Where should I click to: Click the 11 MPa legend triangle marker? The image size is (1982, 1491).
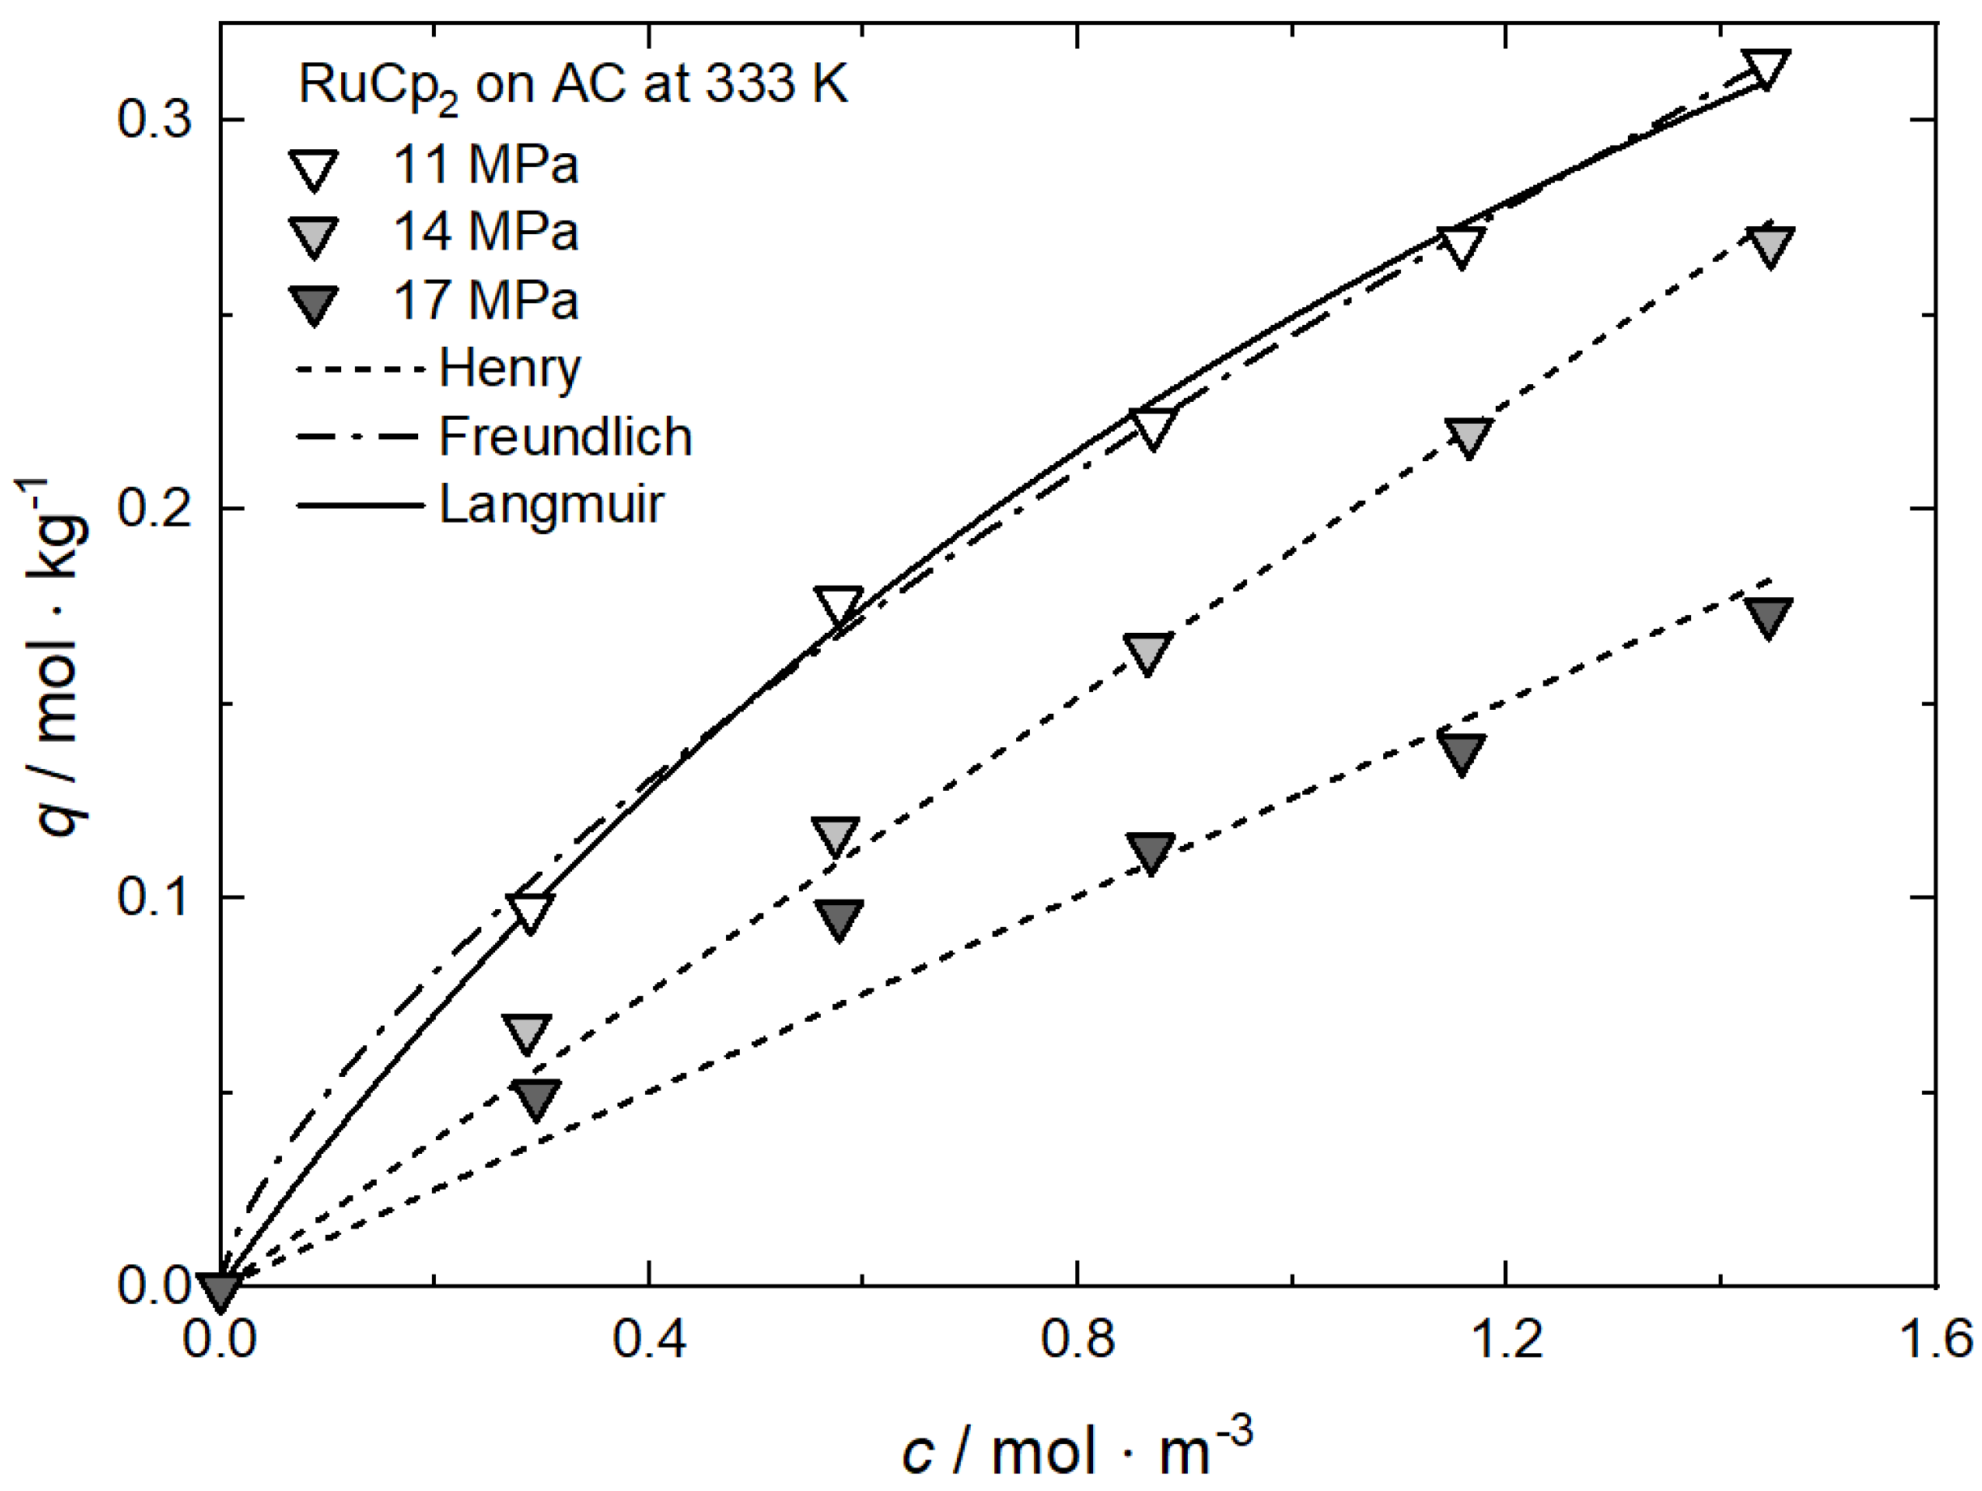point(314,169)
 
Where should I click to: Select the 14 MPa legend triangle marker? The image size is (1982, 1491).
point(314,236)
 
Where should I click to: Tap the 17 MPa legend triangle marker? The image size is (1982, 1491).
point(314,304)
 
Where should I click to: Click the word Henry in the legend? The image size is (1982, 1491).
point(510,368)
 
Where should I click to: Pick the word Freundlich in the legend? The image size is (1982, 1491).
point(566,438)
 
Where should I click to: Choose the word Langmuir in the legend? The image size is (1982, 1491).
point(551,505)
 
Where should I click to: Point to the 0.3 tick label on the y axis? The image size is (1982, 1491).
point(155,118)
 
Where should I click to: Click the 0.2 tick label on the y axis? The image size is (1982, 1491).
point(155,508)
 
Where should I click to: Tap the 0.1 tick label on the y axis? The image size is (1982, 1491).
point(155,897)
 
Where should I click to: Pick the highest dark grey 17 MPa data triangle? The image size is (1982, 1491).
point(1767,617)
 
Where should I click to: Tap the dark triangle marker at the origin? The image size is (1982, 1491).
point(220,1290)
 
